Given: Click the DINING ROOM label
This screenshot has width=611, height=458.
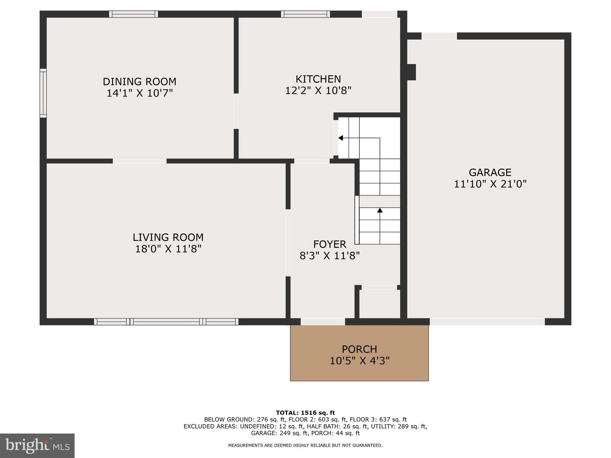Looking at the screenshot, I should point(139,81).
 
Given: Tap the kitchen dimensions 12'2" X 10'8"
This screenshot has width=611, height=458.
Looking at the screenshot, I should point(318,90).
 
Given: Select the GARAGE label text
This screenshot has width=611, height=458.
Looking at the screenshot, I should point(490,172).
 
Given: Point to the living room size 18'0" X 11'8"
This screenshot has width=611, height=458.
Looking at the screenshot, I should point(168,249).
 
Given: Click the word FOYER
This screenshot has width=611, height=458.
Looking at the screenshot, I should point(330,244).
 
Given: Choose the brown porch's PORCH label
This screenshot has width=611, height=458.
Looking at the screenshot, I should point(359,349).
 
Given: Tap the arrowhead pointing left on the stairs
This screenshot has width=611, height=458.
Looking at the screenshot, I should point(341,138).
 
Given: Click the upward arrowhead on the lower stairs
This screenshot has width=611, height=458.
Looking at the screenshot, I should point(380,210).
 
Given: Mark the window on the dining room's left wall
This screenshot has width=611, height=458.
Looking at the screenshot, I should point(43,93).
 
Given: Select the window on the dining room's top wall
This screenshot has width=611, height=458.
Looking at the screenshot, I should point(133,14).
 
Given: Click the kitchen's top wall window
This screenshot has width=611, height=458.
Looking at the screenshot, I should point(305,14).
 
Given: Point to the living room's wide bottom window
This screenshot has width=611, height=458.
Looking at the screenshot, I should point(166,322).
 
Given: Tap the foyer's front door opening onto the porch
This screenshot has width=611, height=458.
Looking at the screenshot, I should point(323,322).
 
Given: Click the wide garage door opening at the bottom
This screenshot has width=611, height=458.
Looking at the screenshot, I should point(487,322).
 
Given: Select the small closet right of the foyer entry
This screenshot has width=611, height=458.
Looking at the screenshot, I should point(379,304).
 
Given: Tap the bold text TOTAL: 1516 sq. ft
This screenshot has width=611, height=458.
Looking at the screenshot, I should point(305,413).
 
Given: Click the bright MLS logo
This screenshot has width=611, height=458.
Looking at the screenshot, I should point(37,446).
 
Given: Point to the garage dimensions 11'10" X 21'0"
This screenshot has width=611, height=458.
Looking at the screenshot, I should point(490,184).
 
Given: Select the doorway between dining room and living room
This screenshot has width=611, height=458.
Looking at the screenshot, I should point(139,161).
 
